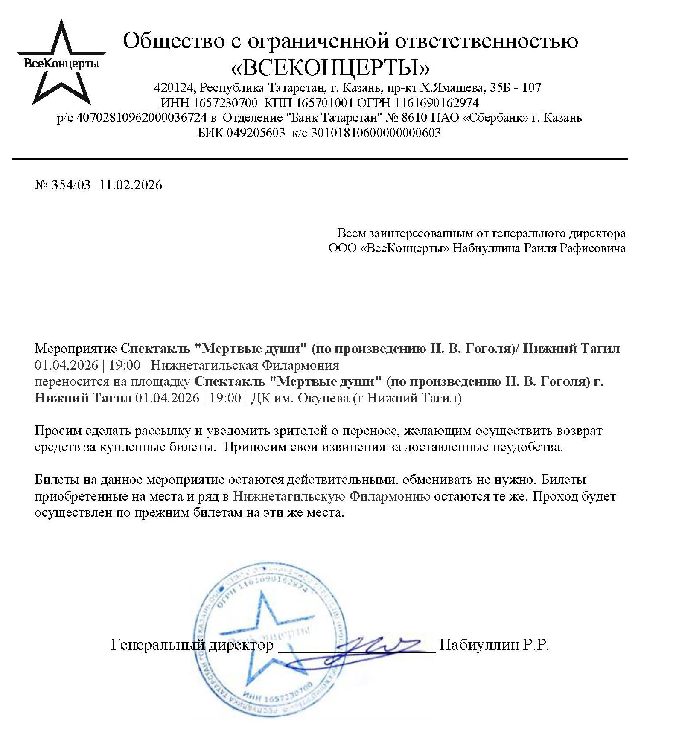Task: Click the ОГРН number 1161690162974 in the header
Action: pos(436,103)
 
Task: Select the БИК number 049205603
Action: pos(256,133)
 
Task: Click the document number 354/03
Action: pos(71,185)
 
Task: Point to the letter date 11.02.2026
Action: pos(131,185)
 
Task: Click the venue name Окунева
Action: pos(323,398)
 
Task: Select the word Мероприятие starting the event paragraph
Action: pos(76,349)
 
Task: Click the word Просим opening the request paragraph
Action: pos(58,431)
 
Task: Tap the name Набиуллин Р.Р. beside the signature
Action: pos(494,645)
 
